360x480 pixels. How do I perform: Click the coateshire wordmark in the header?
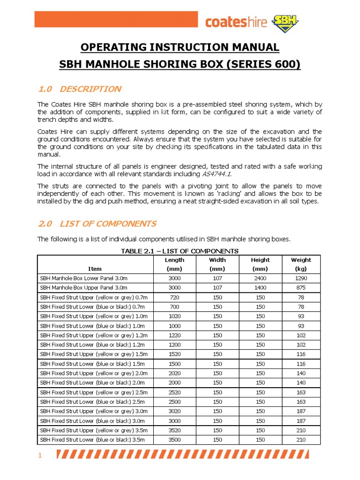point(238,22)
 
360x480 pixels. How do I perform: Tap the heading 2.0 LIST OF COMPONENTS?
point(97,224)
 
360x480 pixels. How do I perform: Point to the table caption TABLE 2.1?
point(180,251)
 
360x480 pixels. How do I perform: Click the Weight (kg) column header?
point(300,264)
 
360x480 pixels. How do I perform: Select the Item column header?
point(95,269)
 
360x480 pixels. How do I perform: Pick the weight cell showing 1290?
point(300,278)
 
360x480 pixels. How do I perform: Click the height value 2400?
point(260,278)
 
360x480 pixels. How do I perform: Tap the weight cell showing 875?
point(300,287)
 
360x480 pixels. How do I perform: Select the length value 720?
point(174,297)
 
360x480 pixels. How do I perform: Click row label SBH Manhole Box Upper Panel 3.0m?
point(83,287)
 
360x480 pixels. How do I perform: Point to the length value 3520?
point(174,430)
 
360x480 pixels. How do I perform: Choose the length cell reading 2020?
point(174,373)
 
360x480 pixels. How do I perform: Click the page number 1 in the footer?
point(40,455)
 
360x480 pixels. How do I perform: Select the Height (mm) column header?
point(260,264)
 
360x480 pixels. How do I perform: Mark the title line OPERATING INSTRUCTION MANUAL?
point(180,47)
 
